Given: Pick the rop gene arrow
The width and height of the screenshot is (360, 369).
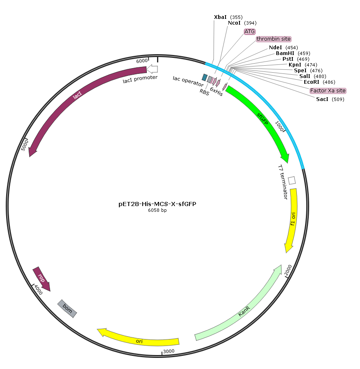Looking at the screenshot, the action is pos(41,279).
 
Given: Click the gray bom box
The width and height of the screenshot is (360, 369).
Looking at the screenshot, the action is pos(67,309).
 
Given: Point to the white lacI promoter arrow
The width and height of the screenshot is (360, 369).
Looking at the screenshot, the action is pos(152,69).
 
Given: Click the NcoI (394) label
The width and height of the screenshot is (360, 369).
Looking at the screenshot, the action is pos(242,23).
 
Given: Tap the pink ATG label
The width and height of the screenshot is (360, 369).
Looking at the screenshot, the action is pos(249,32).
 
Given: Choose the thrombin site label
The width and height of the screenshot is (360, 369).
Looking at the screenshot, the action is pos(273,39).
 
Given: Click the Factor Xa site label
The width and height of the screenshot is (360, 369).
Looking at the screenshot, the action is pos(328,91).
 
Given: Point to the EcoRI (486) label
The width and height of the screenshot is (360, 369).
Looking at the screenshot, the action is pos(319,82).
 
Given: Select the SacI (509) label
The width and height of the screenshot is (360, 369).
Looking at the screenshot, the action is pos(330,99).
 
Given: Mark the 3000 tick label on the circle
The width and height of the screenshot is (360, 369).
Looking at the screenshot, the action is pos(169,351).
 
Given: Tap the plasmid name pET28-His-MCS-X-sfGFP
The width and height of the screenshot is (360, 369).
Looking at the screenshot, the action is pos(157,204).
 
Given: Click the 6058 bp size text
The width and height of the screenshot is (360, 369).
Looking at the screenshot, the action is pos(157,210).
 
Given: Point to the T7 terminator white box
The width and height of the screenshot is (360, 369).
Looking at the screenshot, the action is pos(292,181).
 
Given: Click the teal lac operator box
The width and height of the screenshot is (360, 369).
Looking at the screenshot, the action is pos(205,78).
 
